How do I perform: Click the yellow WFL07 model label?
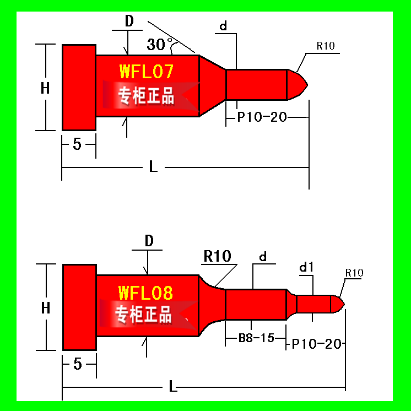146,71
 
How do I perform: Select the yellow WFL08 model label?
145,293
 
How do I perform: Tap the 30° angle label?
159,44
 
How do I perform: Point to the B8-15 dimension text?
256,338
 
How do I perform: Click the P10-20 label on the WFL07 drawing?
262,117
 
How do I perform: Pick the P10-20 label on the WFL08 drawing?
316,344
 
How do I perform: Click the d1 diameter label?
306,267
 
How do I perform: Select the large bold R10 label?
217,256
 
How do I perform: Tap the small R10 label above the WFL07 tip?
326,46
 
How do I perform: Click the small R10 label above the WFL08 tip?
354,273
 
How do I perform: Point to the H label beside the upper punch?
45,88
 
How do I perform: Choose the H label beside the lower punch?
46,308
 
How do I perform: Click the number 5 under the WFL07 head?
77,144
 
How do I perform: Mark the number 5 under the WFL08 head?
78,364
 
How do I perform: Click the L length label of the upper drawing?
153,166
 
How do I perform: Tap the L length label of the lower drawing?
173,386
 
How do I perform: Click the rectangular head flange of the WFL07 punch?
79,88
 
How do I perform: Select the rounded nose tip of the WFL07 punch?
298,85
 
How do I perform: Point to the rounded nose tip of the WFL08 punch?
337,304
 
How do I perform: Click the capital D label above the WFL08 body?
149,241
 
